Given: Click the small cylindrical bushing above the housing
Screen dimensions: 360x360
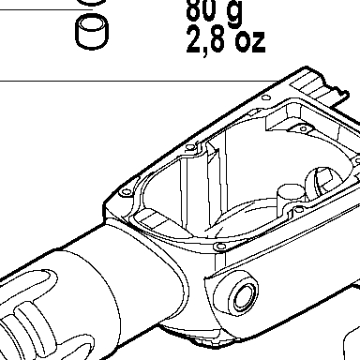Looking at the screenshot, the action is click(92, 31).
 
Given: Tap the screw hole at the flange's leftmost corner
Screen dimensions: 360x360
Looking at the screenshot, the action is click(126, 192).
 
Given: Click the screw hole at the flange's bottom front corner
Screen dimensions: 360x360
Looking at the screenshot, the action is click(220, 247).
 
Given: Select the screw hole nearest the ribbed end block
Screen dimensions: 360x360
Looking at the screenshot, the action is click(266, 97).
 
